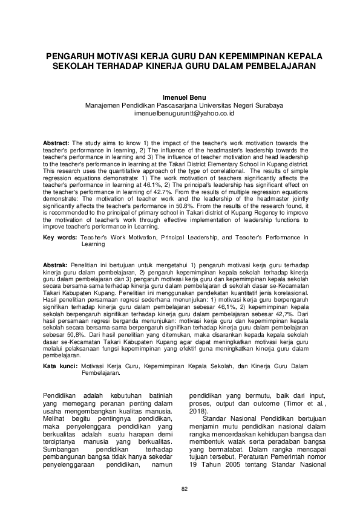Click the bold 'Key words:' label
(59, 238)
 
